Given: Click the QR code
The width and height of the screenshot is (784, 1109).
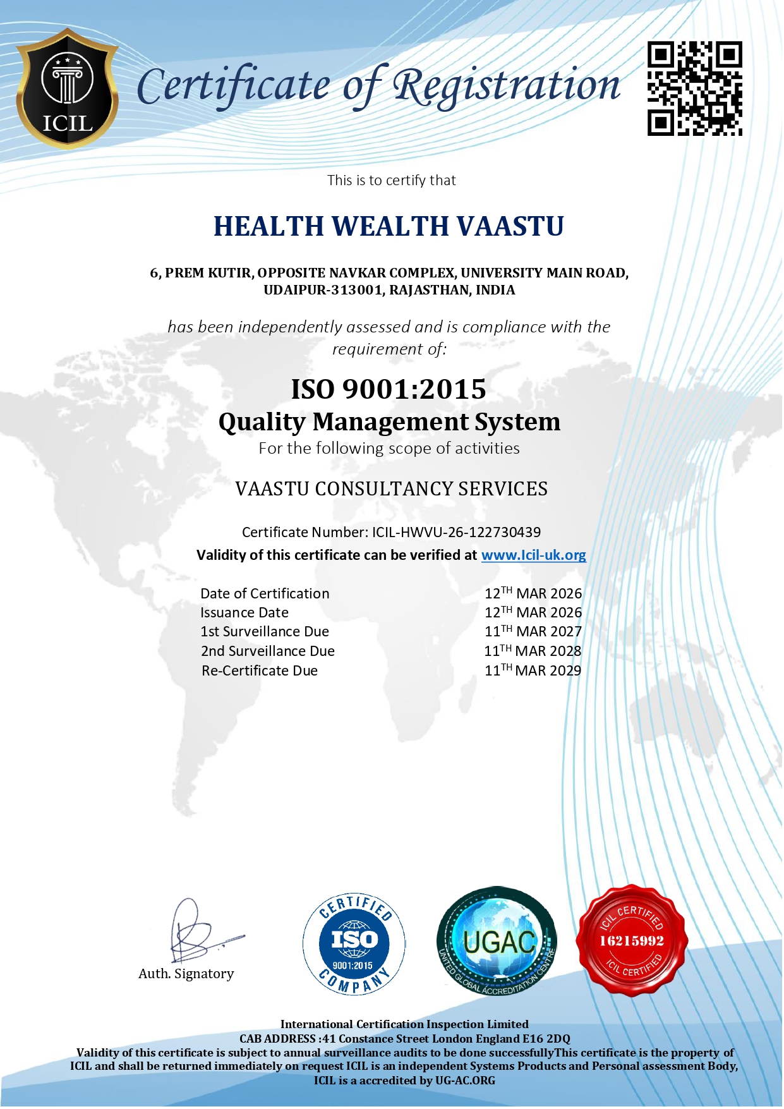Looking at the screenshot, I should click(x=694, y=88).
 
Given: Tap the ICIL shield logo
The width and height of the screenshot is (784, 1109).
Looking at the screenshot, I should click(x=67, y=89).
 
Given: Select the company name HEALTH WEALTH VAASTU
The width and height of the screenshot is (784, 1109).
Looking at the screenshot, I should click(x=389, y=226).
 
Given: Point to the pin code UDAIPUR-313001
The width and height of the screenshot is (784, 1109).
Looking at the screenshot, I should click(x=322, y=290).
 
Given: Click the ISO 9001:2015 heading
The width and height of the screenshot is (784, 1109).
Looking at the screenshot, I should click(x=389, y=389).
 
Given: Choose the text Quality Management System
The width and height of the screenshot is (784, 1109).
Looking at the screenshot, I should click(x=389, y=422).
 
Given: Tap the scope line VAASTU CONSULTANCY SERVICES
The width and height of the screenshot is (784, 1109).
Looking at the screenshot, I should click(x=391, y=489).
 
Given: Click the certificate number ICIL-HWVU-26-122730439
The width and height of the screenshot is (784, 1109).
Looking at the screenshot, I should click(x=456, y=532).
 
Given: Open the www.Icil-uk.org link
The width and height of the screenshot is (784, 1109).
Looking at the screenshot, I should click(x=533, y=555).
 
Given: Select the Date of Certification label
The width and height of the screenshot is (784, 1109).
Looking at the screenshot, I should click(x=265, y=594).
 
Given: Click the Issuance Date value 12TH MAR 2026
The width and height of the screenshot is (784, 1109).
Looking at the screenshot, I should click(x=533, y=612).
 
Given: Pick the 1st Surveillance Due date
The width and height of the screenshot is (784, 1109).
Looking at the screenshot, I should click(x=533, y=631).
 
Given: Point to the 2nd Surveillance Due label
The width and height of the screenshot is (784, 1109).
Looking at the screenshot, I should click(x=268, y=651).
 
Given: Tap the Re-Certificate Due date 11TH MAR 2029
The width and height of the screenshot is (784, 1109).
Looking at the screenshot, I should click(x=533, y=670).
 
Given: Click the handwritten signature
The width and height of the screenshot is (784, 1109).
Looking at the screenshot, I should click(x=196, y=932).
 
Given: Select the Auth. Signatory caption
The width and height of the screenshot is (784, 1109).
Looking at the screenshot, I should click(x=186, y=974).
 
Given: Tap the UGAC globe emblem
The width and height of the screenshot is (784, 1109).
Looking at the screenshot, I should click(x=497, y=941).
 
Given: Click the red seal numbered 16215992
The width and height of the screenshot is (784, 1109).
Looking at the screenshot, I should click(x=632, y=941).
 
